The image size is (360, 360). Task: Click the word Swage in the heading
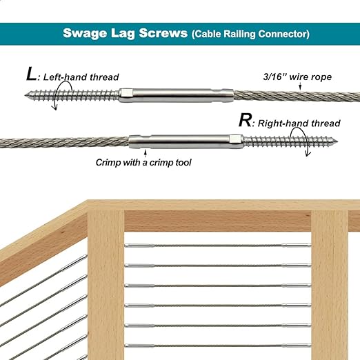pos(85,34)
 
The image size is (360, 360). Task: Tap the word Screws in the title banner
pos(163,33)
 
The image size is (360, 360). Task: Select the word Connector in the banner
pos(283,34)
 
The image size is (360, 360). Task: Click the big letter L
pos(31,74)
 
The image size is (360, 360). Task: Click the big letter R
pos(245,120)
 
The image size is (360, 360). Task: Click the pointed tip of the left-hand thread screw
pos(26,95)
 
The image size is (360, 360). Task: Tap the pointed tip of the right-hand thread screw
pos(337,141)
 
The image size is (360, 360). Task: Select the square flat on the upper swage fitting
pos(126,93)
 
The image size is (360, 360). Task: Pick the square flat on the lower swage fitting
pos(234,139)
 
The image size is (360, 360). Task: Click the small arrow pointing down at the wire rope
pos(300,86)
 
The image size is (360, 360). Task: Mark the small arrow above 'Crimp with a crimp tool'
pos(145,153)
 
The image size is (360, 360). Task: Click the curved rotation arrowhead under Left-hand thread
pos(54,108)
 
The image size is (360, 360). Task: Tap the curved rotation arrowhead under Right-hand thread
pos(308,154)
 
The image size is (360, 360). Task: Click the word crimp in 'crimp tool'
pos(161,163)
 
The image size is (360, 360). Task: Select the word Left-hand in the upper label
pos(66,77)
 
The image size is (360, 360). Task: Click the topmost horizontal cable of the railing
pos(217,246)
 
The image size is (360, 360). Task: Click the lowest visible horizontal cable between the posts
pos(217,346)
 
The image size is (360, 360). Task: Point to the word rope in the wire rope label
pos(321,77)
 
